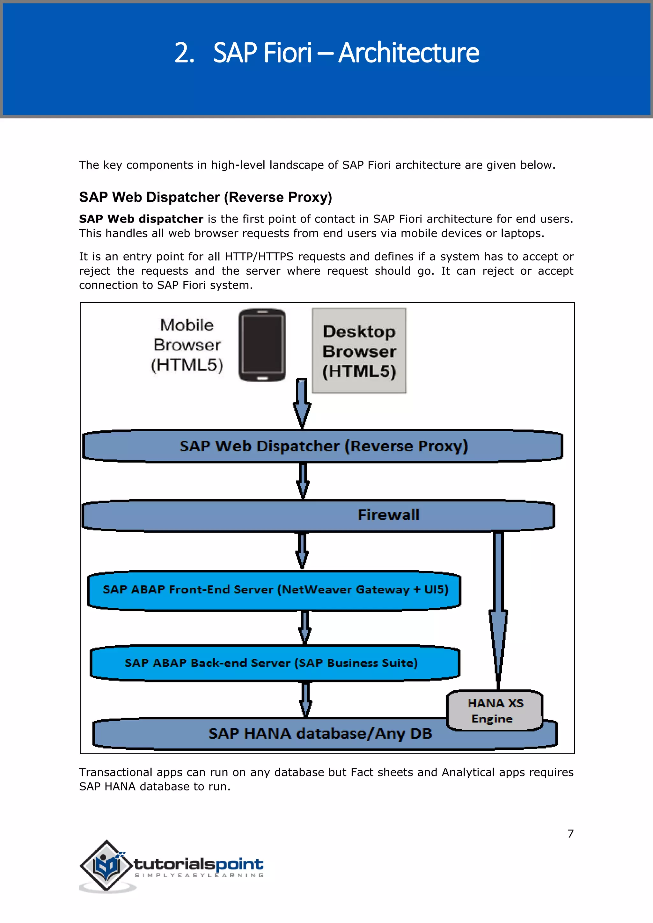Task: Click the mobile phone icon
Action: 262,345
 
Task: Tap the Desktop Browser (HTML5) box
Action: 359,351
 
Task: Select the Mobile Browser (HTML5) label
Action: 187,345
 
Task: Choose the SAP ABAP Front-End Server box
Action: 275,590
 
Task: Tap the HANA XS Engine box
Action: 495,710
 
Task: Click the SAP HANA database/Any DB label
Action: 320,734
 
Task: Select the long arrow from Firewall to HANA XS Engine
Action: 498,611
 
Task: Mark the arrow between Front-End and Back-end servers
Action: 305,627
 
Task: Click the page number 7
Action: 570,834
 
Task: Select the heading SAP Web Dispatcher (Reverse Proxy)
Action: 205,197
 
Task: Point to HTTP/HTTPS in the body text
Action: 259,257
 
